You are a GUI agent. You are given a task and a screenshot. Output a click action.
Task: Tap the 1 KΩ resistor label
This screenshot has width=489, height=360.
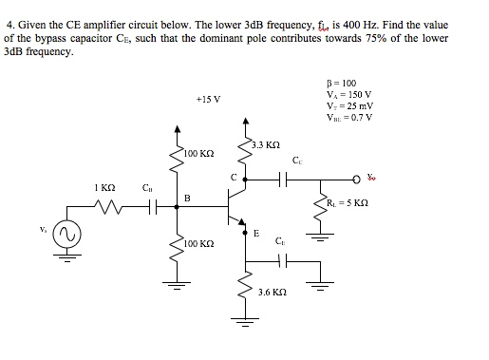click(x=104, y=187)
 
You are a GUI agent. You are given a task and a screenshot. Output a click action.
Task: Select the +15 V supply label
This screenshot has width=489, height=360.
click(x=207, y=98)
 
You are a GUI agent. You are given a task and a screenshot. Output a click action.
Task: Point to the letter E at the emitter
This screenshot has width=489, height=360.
click(x=255, y=232)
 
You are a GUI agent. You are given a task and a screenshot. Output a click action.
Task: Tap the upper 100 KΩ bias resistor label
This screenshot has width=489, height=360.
click(x=201, y=152)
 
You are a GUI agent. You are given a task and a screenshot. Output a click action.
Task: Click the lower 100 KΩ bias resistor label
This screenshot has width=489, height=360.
click(x=200, y=244)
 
